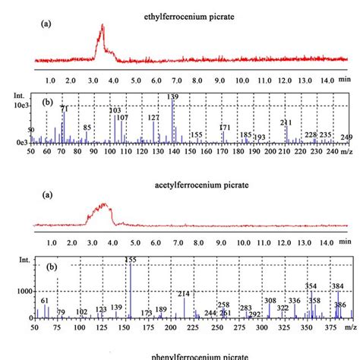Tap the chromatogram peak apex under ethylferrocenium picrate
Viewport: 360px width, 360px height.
[x=102, y=26]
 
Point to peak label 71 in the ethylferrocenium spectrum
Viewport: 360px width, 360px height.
[x=64, y=110]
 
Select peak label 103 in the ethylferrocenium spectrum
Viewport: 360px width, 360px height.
[x=115, y=111]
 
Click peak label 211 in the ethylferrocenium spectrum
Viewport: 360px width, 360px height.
[x=286, y=122]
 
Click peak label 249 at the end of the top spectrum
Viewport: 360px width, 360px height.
[x=346, y=137]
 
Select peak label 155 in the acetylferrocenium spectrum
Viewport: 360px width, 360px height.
[x=130, y=260]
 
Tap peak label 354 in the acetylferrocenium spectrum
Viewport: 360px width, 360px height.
[x=311, y=286]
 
